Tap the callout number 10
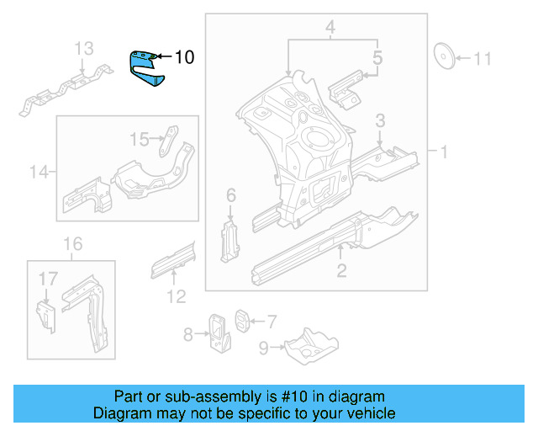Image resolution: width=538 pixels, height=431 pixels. tap(184, 57)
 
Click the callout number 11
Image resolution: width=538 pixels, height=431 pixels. tap(482, 59)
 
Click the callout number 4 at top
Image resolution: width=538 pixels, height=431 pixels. tap(330, 29)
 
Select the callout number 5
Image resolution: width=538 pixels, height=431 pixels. tap(377, 58)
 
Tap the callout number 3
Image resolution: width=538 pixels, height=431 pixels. tap(380, 121)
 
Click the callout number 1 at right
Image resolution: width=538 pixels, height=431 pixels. tap(442, 152)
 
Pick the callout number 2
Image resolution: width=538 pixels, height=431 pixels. tap(341, 270)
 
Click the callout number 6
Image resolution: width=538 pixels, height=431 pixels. tap(231, 196)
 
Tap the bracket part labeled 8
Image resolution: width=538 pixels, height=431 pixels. tap(219, 333)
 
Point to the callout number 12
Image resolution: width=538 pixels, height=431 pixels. tap(175, 295)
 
